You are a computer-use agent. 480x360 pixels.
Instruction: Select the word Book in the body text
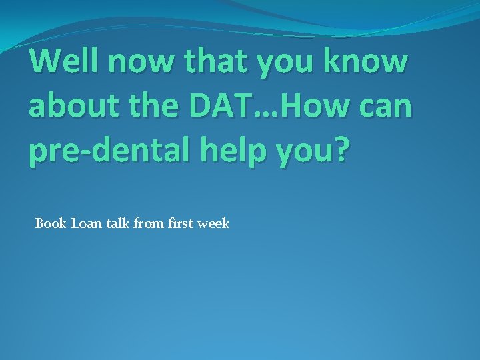(51, 223)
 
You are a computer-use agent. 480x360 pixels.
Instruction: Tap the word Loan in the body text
(84, 223)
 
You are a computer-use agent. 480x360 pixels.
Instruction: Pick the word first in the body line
(179, 223)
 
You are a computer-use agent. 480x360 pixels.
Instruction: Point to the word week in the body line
(213, 223)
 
